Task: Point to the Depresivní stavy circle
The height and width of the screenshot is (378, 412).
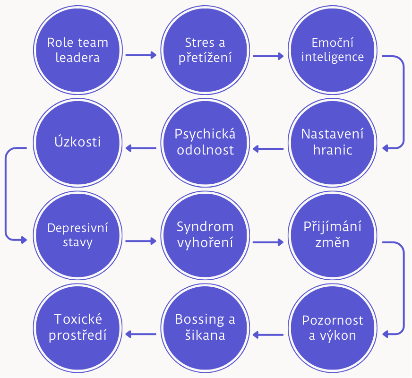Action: click(77, 235)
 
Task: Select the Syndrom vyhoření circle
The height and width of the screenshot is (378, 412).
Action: click(205, 235)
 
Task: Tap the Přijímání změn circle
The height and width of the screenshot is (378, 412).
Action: click(333, 235)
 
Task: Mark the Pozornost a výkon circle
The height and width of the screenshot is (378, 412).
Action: click(333, 327)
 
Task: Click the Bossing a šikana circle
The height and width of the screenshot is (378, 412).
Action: click(205, 327)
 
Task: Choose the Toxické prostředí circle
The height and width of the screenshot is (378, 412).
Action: click(77, 327)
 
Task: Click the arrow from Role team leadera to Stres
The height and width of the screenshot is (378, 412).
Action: click(141, 55)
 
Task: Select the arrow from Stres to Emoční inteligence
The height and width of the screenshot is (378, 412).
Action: click(268, 55)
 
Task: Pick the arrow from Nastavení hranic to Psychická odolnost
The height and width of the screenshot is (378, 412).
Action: click(268, 149)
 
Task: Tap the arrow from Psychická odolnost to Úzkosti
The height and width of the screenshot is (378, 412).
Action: click(141, 149)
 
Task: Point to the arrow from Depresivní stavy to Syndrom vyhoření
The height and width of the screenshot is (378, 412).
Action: click(141, 241)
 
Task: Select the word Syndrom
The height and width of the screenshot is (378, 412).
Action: click(205, 227)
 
